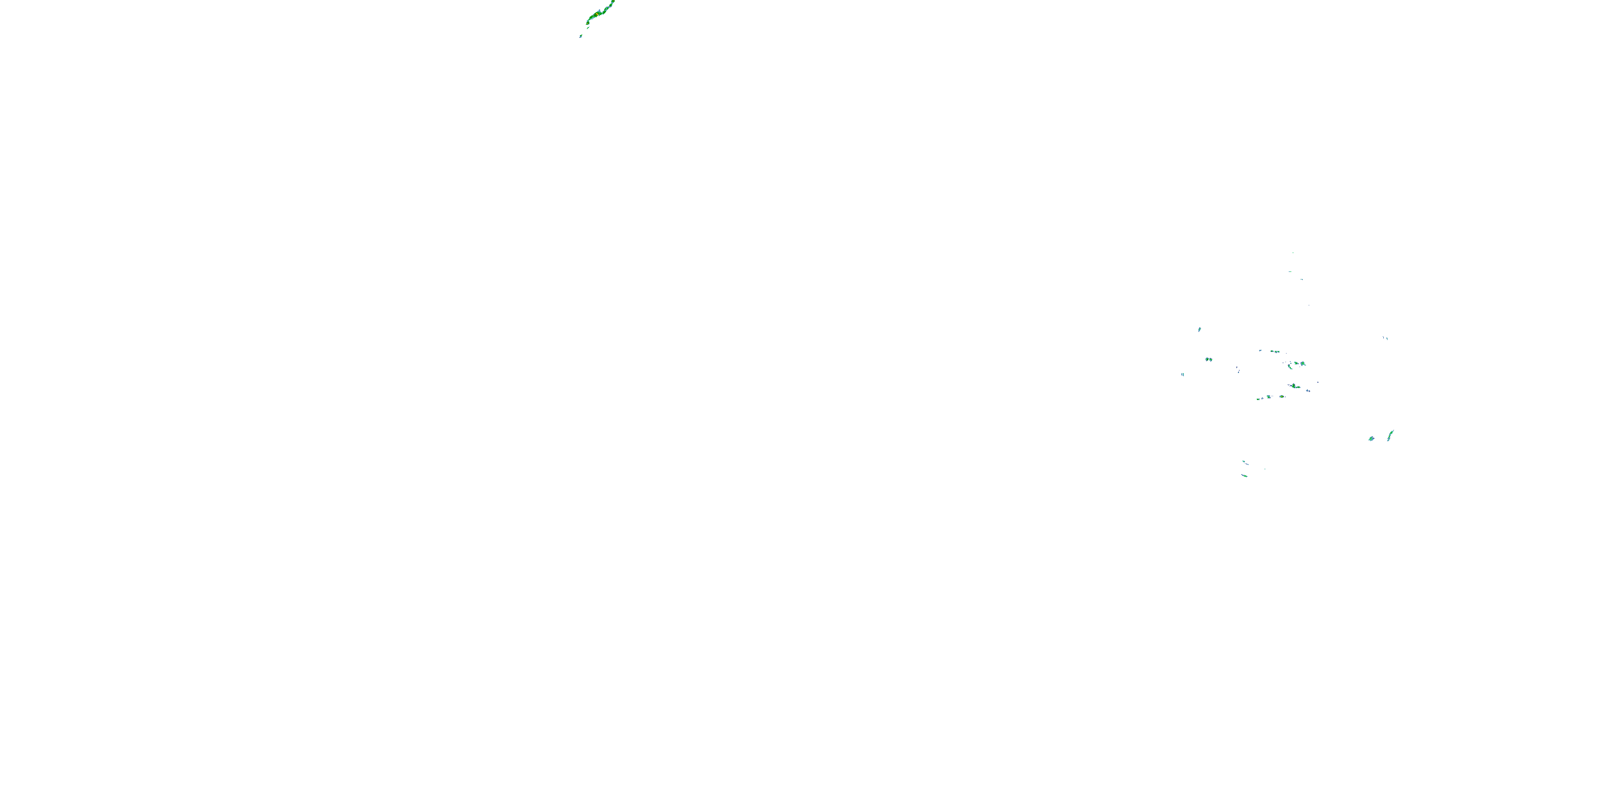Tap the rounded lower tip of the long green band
588,23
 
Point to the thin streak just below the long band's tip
587,28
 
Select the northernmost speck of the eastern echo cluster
1292,252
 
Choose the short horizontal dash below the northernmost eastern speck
1290,271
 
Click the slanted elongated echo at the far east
1391,435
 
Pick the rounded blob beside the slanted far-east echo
1371,438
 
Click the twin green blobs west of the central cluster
1208,360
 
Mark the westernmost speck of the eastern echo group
1182,375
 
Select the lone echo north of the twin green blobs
1200,329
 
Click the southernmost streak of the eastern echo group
1244,475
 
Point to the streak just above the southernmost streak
1244,462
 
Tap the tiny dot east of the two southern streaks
1264,469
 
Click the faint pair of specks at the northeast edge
1385,338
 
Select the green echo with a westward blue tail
1294,386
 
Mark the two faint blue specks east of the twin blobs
1238,370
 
